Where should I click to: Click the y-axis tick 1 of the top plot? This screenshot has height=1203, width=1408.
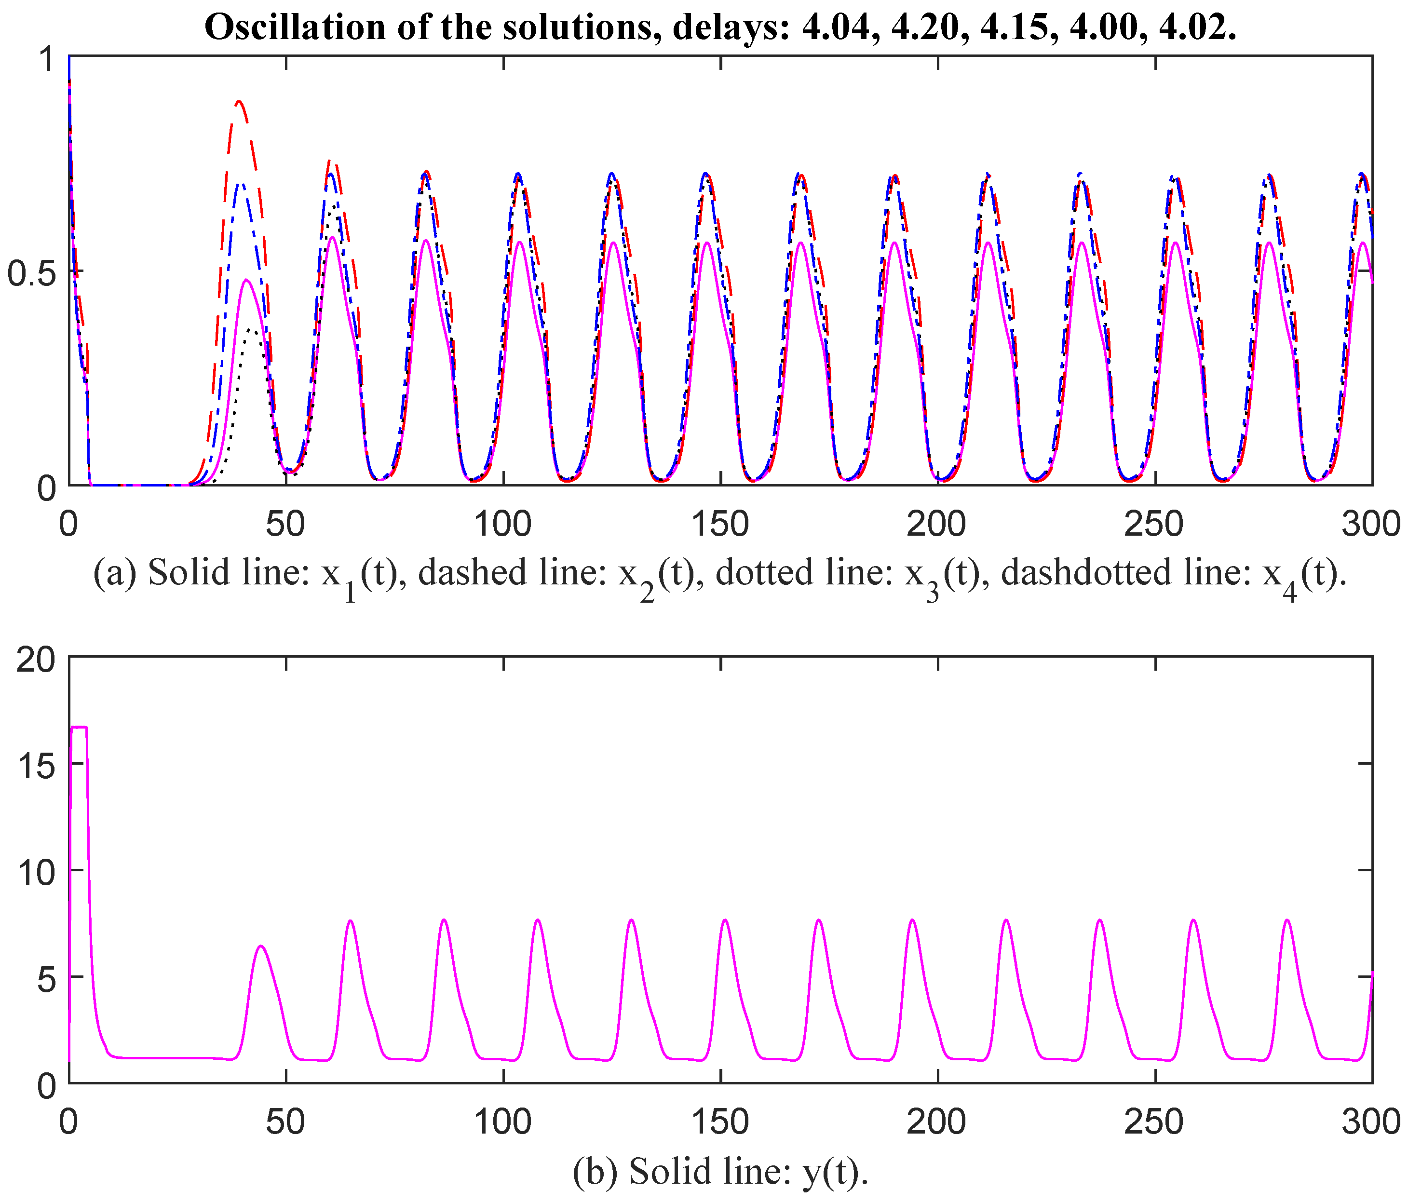46,60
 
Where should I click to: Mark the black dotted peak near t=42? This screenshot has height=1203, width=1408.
251,330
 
